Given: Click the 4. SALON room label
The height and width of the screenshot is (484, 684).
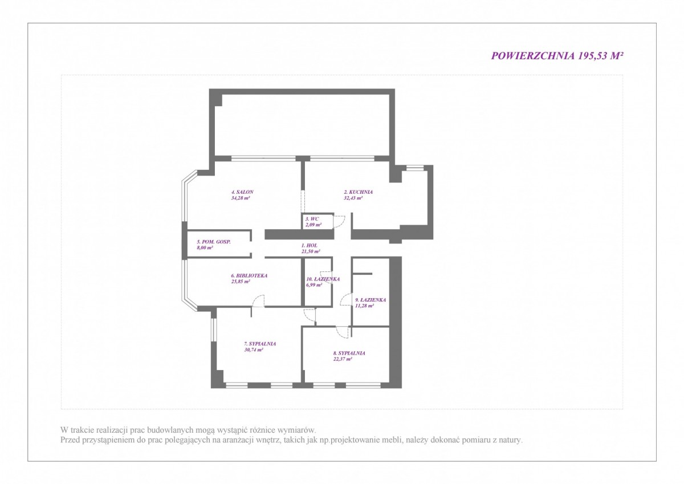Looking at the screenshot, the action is coord(242,192).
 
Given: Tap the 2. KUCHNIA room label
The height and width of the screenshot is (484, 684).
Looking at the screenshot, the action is coord(358,192).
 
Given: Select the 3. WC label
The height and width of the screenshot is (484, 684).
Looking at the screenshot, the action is coord(312,219).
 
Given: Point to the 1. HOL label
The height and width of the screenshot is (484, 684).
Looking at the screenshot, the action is coord(310,246).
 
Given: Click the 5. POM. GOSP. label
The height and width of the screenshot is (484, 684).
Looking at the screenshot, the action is coord(214,242).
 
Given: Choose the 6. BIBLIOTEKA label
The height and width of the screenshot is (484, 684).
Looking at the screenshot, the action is coord(249,275).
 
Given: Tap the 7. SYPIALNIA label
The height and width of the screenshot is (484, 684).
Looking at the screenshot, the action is coord(260,344).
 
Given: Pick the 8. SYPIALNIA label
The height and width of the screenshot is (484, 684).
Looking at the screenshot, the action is coord(349,353).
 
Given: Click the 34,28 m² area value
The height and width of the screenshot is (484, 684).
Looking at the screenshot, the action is coord(241,198).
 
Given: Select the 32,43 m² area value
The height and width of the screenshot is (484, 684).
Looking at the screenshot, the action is coord(353,198).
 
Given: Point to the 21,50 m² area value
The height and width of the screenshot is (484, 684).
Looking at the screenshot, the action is coord(311,251).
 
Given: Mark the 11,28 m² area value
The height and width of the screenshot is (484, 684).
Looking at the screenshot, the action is coord(365,306).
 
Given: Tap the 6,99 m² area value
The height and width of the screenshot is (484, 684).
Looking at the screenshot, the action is coord(314,285).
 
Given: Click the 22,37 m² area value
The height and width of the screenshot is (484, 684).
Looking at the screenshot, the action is coord(343,359).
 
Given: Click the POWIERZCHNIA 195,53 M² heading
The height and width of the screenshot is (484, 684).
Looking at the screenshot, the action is coord(557,55).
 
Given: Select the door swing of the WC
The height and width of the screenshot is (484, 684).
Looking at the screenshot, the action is coord(339,222).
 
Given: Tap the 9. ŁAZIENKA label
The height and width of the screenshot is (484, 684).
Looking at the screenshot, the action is coord(370,300).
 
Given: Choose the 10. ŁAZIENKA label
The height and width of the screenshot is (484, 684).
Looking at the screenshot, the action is coord(323,279).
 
